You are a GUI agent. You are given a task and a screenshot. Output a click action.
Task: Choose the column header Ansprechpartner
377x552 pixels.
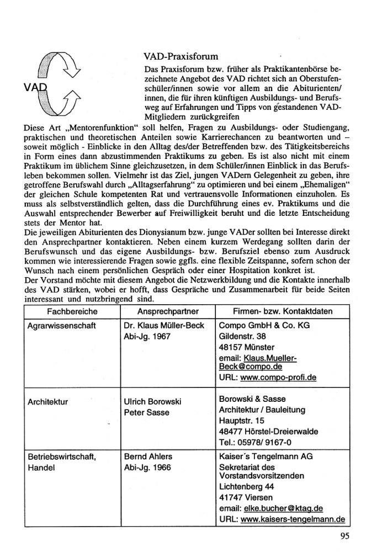167,311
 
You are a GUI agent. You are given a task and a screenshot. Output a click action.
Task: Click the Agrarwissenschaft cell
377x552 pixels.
61,326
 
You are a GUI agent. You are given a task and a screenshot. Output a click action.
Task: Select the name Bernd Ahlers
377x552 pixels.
149,457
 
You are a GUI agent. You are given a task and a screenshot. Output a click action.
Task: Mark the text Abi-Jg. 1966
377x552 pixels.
148,468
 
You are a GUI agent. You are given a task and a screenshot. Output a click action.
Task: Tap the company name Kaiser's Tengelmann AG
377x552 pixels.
267,457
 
